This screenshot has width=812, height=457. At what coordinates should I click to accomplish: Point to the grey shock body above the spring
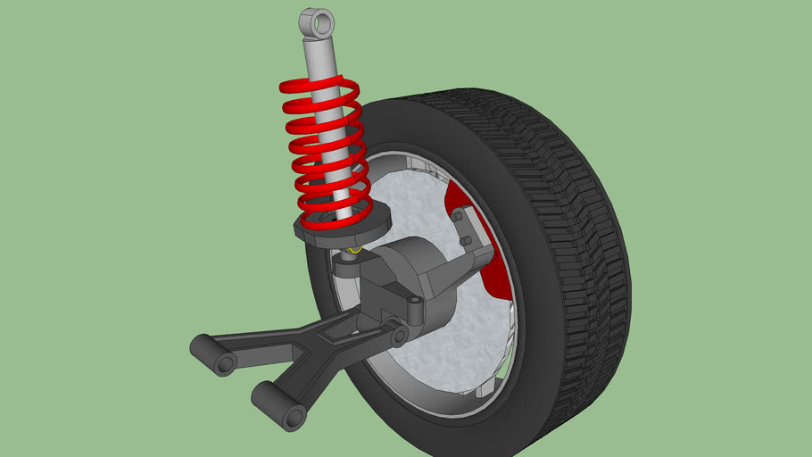[x=319, y=58]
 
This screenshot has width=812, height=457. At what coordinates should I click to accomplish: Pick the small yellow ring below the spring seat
[x=354, y=251]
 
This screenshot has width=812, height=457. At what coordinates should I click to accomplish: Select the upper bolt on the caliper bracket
[x=457, y=217]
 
